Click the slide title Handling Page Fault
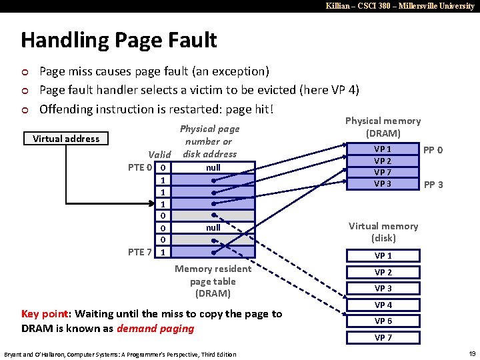[x=119, y=40]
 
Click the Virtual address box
[x=66, y=139]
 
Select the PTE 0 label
[x=141, y=167]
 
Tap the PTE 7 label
[x=141, y=251]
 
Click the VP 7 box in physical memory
[x=383, y=173]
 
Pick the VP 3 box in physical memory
[x=383, y=183]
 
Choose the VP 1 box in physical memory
[x=383, y=149]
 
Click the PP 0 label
[x=433, y=150]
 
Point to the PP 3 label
[x=433, y=184]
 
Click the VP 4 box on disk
[x=383, y=305]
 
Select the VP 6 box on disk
[x=383, y=321]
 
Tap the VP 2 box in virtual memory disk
[x=383, y=272]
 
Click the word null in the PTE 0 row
[x=213, y=167]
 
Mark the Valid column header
[x=159, y=154]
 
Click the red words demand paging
[x=155, y=328]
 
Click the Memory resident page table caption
[x=213, y=281]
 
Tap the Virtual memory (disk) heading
[x=383, y=232]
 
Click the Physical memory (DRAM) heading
[x=383, y=127]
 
